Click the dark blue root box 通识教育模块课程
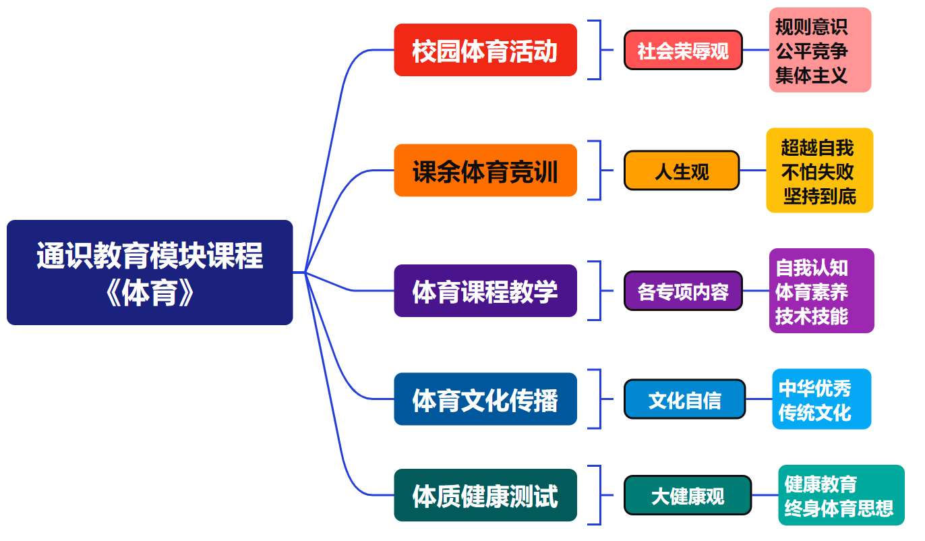click(x=150, y=273)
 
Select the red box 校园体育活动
click(x=485, y=50)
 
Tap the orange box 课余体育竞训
click(x=485, y=170)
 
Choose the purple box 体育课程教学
click(x=485, y=291)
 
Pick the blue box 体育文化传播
click(x=485, y=399)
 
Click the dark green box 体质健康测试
click(x=485, y=495)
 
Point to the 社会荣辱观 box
click(x=683, y=50)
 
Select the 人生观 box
click(x=682, y=170)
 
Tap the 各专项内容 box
click(x=683, y=291)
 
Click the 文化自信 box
click(x=685, y=399)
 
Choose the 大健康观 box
click(x=688, y=495)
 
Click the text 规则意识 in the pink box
click(x=812, y=27)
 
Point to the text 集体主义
click(x=812, y=76)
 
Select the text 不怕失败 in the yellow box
click(x=817, y=172)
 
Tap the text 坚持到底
click(x=820, y=196)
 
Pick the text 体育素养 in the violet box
click(x=812, y=292)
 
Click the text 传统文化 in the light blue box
click(x=814, y=412)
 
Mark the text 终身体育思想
click(x=839, y=509)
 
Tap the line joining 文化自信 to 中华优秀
click(x=759, y=399)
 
